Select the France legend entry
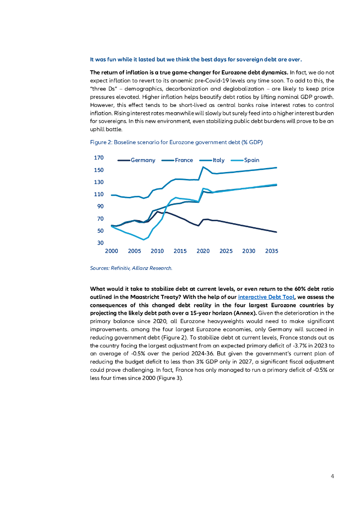183,160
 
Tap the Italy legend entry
218,160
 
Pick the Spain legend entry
251,160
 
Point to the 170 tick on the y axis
98,158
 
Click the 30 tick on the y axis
100,243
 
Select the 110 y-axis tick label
98,194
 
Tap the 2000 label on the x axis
111,252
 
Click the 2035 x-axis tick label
271,252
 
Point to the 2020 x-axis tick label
203,252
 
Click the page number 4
332,476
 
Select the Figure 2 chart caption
176,142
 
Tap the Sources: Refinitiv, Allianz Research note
131,268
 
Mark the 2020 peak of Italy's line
203,167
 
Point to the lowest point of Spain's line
144,240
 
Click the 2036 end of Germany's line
276,232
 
